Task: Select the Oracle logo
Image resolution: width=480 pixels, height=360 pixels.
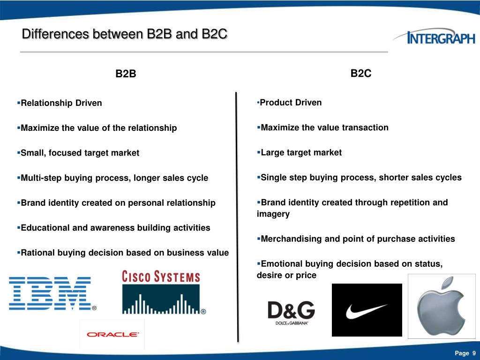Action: point(112,334)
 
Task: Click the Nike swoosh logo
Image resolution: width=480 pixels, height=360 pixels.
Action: point(367,310)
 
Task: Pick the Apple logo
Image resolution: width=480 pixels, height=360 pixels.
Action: point(441,306)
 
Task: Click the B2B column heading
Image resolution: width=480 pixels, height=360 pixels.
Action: point(126,74)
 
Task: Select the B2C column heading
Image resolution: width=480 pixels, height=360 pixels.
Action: point(361,73)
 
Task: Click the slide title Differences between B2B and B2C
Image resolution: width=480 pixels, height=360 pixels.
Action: point(125,34)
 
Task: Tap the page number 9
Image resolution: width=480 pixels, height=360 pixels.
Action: point(474,353)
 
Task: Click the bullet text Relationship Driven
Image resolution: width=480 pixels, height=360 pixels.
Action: point(61,103)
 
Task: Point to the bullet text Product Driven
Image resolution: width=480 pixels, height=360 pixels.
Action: point(291,103)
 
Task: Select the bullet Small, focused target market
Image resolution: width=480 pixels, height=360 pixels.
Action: point(80,153)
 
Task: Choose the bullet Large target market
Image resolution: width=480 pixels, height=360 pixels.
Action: point(301,152)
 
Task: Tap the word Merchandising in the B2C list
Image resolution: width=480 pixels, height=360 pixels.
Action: point(290,239)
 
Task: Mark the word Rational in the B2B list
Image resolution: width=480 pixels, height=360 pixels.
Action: point(37,253)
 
